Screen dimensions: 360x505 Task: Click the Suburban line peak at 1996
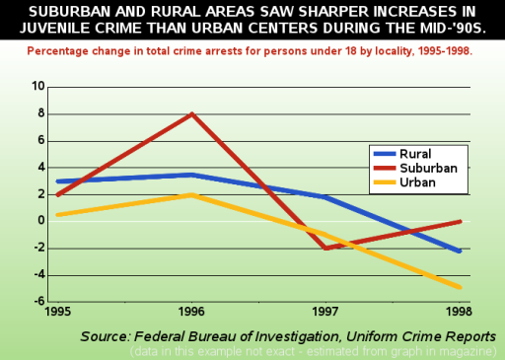click(x=191, y=113)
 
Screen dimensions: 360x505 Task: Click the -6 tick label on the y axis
click(x=37, y=301)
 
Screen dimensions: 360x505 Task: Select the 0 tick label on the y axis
click(x=41, y=221)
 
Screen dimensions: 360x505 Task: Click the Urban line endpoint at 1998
click(x=460, y=287)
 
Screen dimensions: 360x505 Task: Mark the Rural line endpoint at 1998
click(x=460, y=251)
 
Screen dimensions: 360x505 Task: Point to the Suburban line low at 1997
click(x=325, y=248)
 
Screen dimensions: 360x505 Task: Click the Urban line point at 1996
click(x=191, y=194)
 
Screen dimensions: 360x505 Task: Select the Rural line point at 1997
click(x=325, y=197)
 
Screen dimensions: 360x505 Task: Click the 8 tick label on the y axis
click(x=41, y=113)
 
